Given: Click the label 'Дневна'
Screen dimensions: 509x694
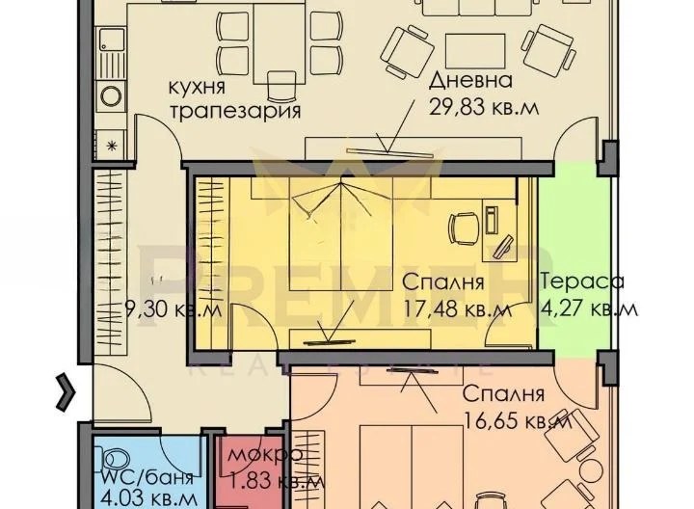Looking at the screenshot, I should click(x=471, y=81).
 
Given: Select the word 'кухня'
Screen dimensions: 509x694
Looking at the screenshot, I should click(x=202, y=86).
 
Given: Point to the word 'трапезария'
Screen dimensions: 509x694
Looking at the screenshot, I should click(x=235, y=110).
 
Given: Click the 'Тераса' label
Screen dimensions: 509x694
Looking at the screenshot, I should click(x=582, y=282).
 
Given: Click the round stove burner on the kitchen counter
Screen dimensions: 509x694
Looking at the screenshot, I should click(x=110, y=97).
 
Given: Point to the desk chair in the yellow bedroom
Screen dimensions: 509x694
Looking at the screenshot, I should click(x=459, y=229).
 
